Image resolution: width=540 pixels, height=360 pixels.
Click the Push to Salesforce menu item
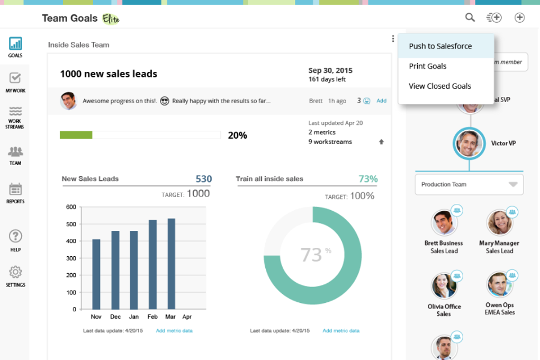pyautogui.click(x=440, y=46)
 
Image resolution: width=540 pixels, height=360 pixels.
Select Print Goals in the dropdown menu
pyautogui.click(x=428, y=66)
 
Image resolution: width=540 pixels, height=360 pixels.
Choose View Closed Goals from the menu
pyautogui.click(x=440, y=86)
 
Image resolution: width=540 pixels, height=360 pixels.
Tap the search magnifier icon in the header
pyautogui.click(x=470, y=17)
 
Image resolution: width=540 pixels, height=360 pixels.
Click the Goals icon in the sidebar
pyautogui.click(x=15, y=44)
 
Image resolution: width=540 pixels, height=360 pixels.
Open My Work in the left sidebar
pyautogui.click(x=15, y=79)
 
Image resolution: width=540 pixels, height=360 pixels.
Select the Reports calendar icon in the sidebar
pyautogui.click(x=15, y=189)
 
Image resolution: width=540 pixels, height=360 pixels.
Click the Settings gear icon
pyautogui.click(x=15, y=272)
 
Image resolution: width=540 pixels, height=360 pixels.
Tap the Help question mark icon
pyautogui.click(x=15, y=236)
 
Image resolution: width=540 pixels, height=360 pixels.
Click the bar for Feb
pyautogui.click(x=152, y=264)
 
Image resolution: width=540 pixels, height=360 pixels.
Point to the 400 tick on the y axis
pyautogui.click(x=71, y=241)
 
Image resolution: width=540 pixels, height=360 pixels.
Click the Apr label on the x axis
pyautogui.click(x=187, y=317)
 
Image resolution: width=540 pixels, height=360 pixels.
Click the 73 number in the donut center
pyautogui.click(x=311, y=255)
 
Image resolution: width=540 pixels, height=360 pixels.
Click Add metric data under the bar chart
pyautogui.click(x=174, y=331)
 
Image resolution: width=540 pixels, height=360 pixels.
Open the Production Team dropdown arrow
pyautogui.click(x=512, y=185)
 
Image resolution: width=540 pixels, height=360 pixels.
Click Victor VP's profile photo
pyautogui.click(x=469, y=143)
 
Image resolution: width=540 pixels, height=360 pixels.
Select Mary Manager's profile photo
pyautogui.click(x=499, y=222)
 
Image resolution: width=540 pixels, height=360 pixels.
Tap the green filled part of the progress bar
pyautogui.click(x=76, y=135)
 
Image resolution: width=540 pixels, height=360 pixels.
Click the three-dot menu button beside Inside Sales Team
pyautogui.click(x=393, y=39)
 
